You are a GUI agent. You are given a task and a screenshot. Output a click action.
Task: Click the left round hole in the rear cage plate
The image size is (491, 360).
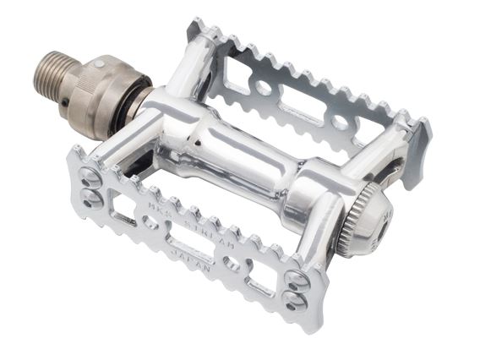(x=264, y=87)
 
